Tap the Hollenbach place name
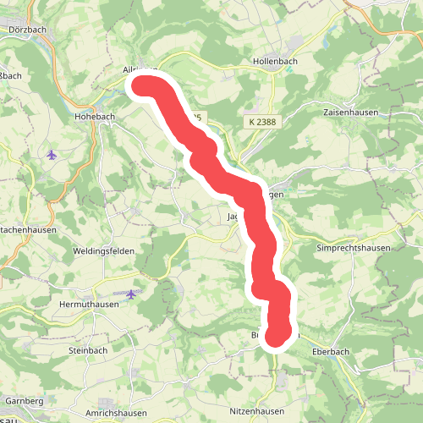tap(276, 62)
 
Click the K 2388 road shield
tap(264, 123)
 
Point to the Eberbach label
tap(331, 350)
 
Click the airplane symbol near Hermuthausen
tap(131, 294)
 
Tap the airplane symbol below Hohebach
tap(52, 154)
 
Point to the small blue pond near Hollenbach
tap(290, 69)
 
